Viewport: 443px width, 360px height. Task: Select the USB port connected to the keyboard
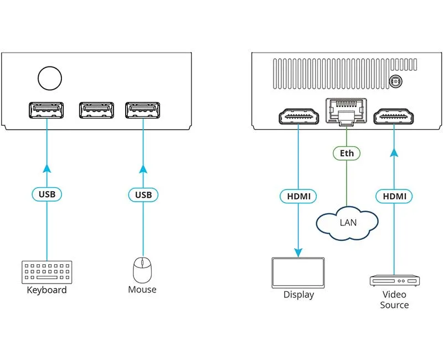[x=47, y=111]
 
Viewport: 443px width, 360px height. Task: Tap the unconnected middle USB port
[x=96, y=111]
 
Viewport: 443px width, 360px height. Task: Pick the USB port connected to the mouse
[x=143, y=111]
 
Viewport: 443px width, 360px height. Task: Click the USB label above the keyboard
[x=47, y=194]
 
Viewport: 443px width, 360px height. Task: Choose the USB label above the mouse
[x=143, y=194]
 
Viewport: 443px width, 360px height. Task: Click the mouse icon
[x=142, y=270]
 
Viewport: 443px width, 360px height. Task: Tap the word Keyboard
[x=47, y=290]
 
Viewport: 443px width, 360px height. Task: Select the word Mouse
[x=142, y=290]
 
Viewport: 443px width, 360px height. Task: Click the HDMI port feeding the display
[x=298, y=117]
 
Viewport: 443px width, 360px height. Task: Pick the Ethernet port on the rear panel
[x=346, y=110]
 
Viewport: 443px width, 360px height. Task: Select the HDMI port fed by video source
[x=394, y=117]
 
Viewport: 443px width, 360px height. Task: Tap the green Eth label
[x=347, y=152]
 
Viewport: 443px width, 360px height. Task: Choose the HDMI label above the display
[x=298, y=196]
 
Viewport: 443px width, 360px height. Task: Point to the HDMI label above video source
[x=394, y=196]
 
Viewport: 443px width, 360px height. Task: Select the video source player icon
[x=394, y=280]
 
